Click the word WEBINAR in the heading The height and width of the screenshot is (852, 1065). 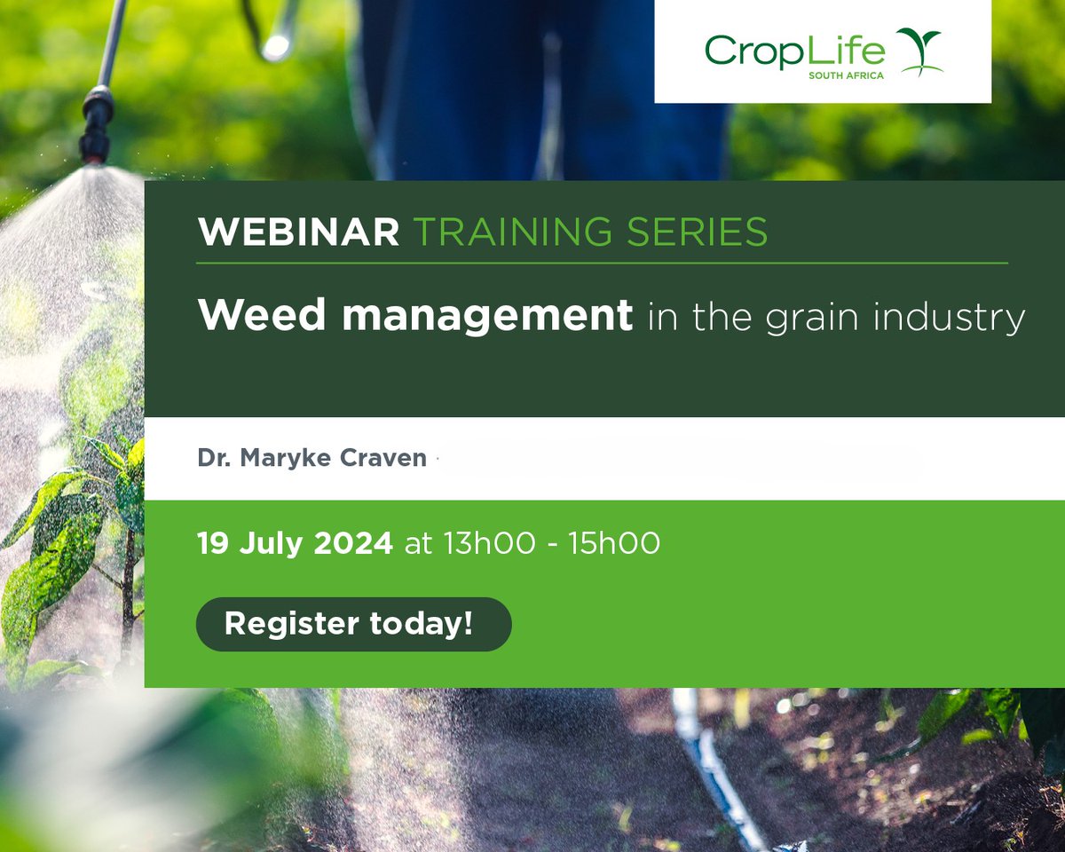[x=298, y=233]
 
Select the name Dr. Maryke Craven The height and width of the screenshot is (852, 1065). [x=312, y=459]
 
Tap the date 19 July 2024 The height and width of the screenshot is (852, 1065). [x=295, y=543]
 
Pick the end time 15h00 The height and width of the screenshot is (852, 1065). [x=616, y=543]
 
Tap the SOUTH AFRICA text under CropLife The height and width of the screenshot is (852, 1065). [x=846, y=76]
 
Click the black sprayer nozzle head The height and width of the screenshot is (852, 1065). [x=96, y=123]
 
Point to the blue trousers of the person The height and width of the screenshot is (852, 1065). [x=541, y=89]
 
